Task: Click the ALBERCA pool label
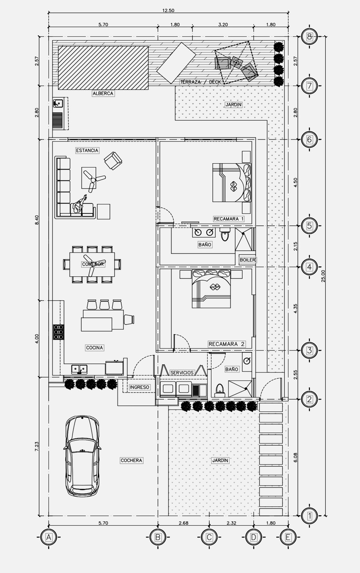(x=103, y=94)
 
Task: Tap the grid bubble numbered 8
(x=309, y=37)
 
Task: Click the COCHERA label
(x=131, y=460)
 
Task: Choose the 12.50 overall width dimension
(x=169, y=11)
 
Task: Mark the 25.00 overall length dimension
(x=323, y=276)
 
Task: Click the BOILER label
(x=247, y=260)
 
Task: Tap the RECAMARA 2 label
(x=227, y=344)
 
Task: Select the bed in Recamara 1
(x=232, y=182)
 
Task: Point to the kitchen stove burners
(x=59, y=332)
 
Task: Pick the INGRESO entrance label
(x=139, y=387)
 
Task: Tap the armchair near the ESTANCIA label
(x=113, y=160)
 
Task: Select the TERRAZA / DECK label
(x=201, y=82)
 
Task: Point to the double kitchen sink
(x=79, y=369)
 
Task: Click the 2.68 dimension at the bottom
(x=183, y=523)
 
